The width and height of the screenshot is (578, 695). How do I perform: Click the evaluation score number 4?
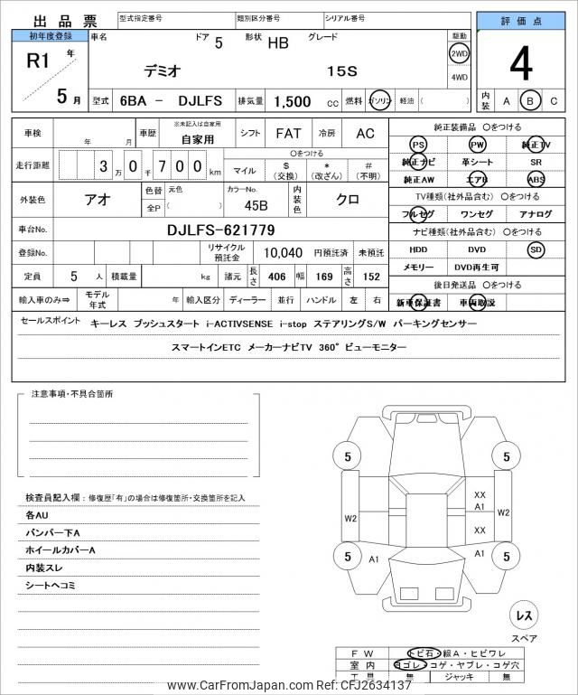(521, 64)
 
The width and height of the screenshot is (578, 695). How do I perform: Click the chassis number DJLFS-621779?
(221, 230)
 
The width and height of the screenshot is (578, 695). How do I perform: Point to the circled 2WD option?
(459, 53)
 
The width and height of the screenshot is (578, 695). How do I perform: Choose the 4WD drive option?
(459, 77)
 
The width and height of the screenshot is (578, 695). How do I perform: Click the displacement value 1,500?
(294, 102)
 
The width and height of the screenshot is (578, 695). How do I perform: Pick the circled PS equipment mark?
(418, 145)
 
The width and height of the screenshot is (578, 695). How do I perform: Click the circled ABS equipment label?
(536, 179)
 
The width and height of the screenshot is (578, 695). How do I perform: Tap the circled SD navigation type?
(536, 249)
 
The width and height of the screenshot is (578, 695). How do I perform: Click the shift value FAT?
(288, 133)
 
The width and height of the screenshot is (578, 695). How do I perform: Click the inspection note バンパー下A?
(53, 532)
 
